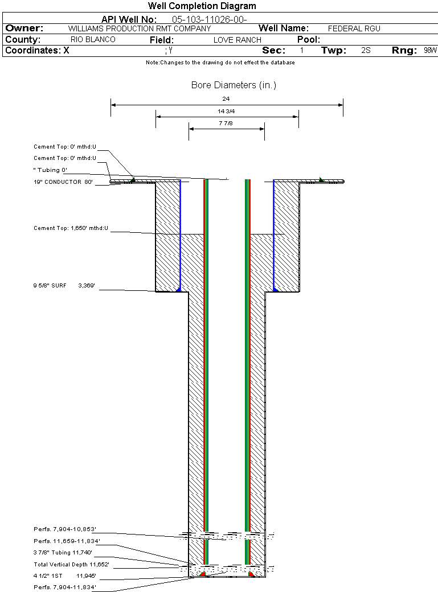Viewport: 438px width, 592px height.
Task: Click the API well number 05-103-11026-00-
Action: pos(209,19)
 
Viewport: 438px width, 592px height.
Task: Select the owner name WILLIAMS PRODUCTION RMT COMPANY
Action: pos(139,28)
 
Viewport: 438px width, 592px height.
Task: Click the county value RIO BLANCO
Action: pos(93,40)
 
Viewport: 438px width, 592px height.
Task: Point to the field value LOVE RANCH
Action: pos(237,40)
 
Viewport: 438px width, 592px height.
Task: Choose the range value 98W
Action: pos(430,51)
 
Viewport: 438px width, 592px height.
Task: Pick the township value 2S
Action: pos(366,51)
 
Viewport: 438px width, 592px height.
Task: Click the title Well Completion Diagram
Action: pos(202,6)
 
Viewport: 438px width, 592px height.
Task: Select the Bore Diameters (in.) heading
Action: pos(234,85)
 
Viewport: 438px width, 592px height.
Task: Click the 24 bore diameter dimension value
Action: pos(226,98)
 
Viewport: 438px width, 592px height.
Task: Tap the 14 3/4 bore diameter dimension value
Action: pos(226,111)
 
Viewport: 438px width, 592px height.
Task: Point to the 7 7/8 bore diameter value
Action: pos(226,123)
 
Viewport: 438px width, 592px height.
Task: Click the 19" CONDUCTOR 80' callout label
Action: pos(63,182)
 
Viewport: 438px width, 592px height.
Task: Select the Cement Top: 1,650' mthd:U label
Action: pos(71,228)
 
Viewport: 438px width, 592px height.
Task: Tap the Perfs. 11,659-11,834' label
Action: pos(67,541)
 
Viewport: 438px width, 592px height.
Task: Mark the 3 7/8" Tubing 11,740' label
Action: pos(62,552)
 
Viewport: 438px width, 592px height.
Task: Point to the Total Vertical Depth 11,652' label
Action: pos(71,564)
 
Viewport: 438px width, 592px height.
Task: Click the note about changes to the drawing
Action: pos(220,63)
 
